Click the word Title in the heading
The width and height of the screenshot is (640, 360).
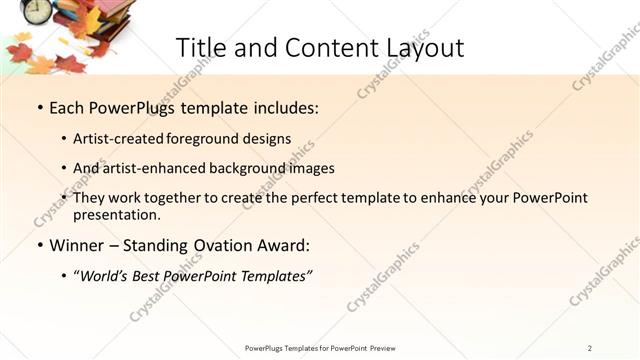point(201,47)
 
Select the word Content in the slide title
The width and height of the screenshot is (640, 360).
point(319,47)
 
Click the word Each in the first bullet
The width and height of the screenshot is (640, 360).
point(68,107)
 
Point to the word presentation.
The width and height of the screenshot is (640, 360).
point(115,214)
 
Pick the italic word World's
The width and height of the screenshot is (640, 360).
point(106,275)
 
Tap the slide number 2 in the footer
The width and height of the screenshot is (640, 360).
point(590,348)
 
